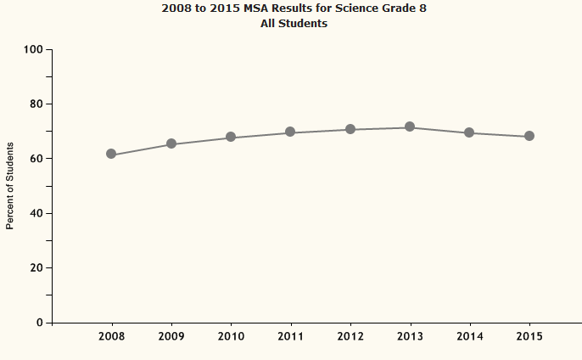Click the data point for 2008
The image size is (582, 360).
[111, 155]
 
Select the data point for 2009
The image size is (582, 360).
[171, 143]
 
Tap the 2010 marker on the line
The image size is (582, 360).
[231, 138]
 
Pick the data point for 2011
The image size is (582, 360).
[290, 132]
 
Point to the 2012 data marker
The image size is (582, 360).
[350, 129]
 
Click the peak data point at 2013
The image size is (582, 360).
[410, 127]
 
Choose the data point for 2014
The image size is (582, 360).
[469, 132]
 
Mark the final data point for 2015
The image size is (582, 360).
[529, 136]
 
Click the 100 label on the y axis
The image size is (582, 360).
[33, 49]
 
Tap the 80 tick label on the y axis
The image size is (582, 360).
[36, 104]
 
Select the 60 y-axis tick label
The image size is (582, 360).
[36, 159]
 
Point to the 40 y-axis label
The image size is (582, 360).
[36, 213]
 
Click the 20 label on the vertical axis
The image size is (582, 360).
[36, 268]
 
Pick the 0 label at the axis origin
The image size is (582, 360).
[39, 323]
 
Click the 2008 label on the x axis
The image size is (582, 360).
[111, 337]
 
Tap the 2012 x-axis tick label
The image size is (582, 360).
[350, 337]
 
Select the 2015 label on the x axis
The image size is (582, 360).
[529, 337]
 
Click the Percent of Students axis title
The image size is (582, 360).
[10, 186]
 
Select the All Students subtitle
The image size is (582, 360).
[294, 24]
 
